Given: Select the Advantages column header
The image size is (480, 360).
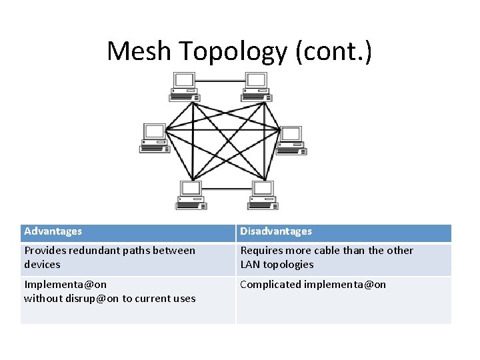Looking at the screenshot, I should click(53, 231).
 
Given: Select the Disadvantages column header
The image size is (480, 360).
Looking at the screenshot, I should click(275, 231).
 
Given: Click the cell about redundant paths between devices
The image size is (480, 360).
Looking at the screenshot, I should click(110, 257).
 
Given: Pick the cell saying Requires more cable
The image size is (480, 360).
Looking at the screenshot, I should click(327, 257).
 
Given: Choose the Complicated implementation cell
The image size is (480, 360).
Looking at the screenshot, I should click(313, 285).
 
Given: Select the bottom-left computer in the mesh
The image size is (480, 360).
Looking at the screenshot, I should click(190, 195).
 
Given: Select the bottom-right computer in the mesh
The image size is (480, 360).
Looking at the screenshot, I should click(262, 195).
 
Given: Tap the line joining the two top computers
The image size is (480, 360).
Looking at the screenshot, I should click(220, 81).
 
